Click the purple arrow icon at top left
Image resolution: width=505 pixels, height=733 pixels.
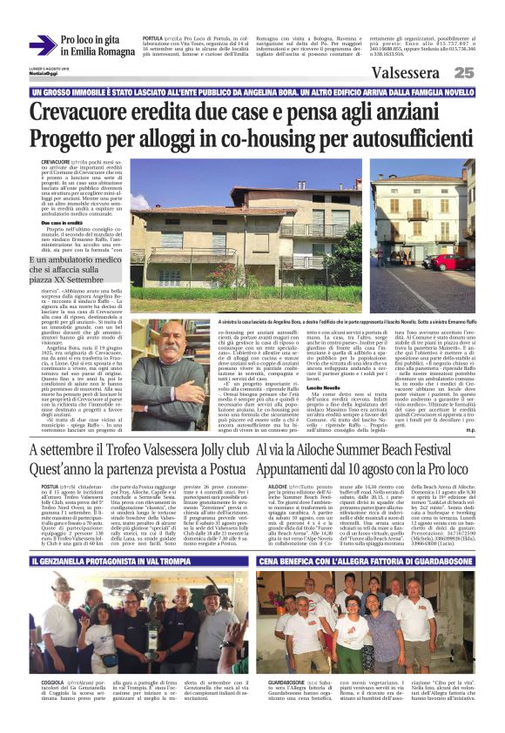42,44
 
